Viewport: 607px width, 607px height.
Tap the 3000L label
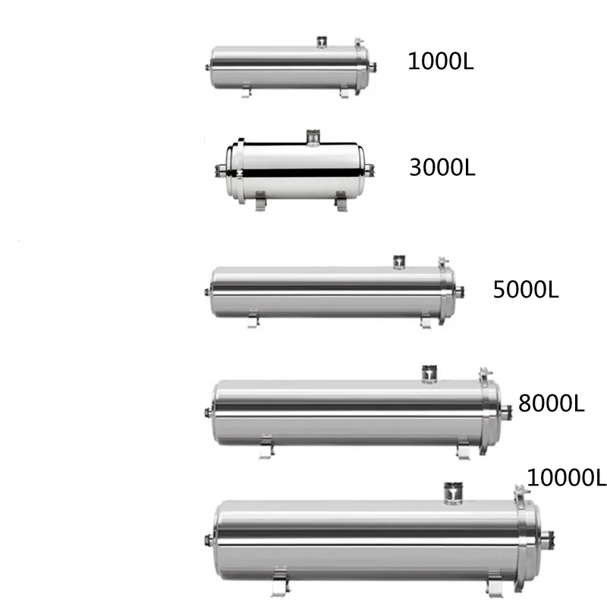click(442, 167)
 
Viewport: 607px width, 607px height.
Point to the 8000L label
click(551, 402)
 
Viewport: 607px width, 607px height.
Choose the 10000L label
click(567, 478)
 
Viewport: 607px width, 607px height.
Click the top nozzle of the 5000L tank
click(398, 261)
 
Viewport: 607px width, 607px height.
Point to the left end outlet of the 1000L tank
click(209, 68)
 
